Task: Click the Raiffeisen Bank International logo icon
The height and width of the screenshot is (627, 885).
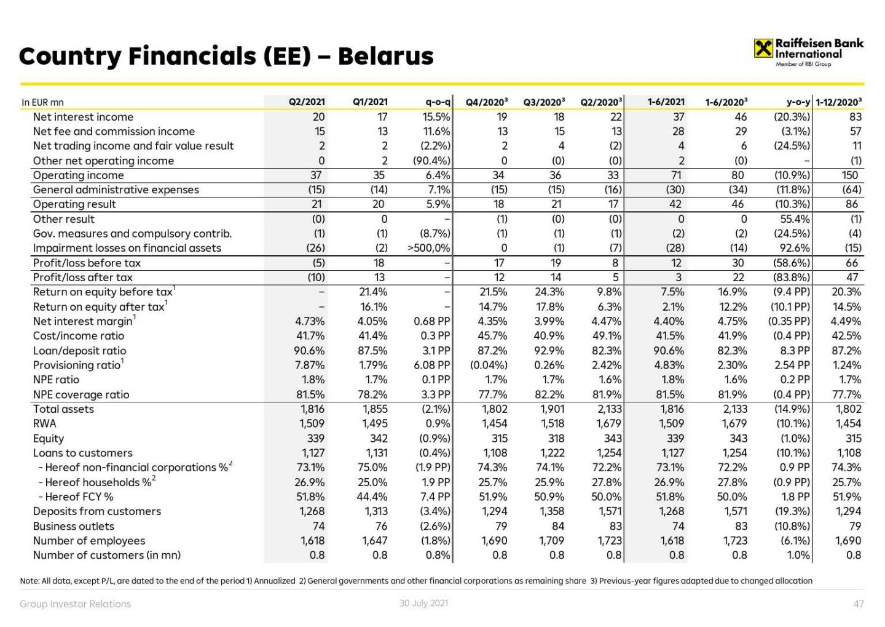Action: pyautogui.click(x=763, y=48)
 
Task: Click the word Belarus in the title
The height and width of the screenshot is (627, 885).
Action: pyautogui.click(x=385, y=56)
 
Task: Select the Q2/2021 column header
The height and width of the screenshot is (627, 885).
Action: pyautogui.click(x=307, y=102)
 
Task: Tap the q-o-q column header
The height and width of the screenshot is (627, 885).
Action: pyautogui.click(x=438, y=102)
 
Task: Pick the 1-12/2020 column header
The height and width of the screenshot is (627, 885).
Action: pyautogui.click(x=838, y=102)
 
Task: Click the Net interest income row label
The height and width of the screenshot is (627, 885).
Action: pyautogui.click(x=83, y=117)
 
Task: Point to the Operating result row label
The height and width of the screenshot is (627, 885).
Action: pyautogui.click(x=74, y=204)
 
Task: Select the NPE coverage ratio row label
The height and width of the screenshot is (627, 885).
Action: pyautogui.click(x=81, y=394)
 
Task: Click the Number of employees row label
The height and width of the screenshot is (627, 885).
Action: pyautogui.click(x=89, y=540)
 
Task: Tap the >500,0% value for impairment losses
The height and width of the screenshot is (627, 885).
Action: pyautogui.click(x=429, y=248)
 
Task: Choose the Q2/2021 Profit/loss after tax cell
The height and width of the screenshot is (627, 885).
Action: pyautogui.click(x=316, y=278)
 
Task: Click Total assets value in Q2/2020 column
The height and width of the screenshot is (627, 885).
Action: pyautogui.click(x=609, y=409)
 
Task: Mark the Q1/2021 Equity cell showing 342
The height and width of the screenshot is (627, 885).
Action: pyautogui.click(x=379, y=438)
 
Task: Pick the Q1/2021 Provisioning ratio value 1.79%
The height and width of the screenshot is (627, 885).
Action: pyautogui.click(x=372, y=365)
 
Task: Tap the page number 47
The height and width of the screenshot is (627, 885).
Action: pyautogui.click(x=859, y=604)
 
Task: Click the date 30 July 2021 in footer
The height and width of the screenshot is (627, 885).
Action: pyautogui.click(x=423, y=603)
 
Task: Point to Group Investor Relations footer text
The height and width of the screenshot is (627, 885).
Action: pyautogui.click(x=75, y=604)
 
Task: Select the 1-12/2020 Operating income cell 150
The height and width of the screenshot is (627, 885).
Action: pyautogui.click(x=849, y=175)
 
